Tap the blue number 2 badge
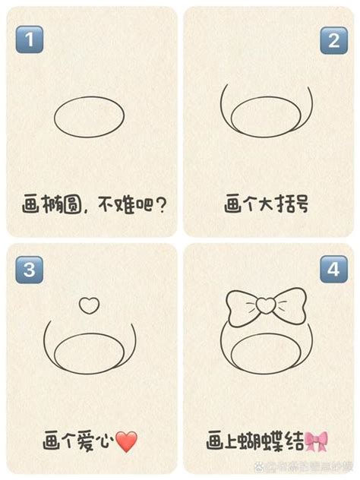(333, 39)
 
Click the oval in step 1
(90, 118)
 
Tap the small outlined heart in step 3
(90, 305)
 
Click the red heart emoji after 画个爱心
(127, 441)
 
